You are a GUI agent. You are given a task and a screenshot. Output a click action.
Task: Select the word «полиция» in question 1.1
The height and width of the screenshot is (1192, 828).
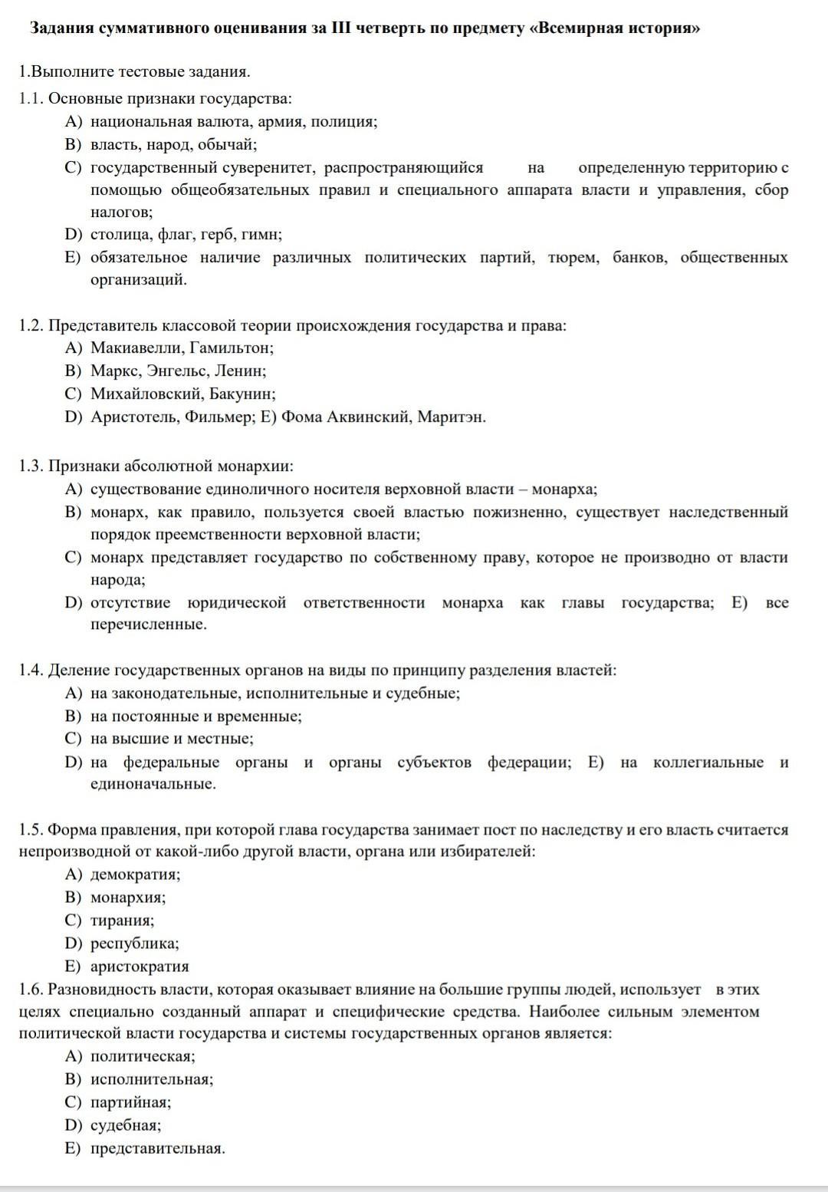pyautogui.click(x=349, y=122)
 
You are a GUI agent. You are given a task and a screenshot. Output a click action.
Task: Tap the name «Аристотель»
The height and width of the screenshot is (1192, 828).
pyautogui.click(x=131, y=417)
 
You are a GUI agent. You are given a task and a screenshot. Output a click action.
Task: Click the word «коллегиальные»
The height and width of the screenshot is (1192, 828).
pyautogui.click(x=708, y=762)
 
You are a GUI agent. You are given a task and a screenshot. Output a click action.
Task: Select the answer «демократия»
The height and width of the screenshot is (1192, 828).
pyautogui.click(x=135, y=874)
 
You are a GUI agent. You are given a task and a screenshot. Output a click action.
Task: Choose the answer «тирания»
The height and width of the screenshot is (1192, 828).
pyautogui.click(x=122, y=920)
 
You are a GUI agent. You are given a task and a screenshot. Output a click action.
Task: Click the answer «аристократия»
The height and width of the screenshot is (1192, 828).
pyautogui.click(x=140, y=966)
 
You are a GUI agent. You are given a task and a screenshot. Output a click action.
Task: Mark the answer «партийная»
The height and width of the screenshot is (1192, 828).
pyautogui.click(x=130, y=1102)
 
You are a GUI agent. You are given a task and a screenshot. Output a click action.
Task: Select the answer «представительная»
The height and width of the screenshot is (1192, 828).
pyautogui.click(x=157, y=1148)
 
